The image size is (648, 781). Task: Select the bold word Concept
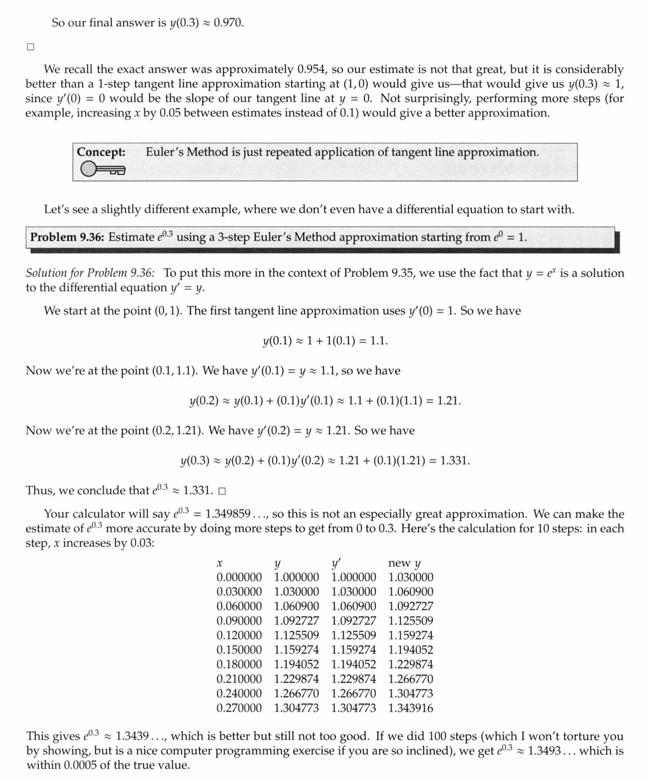(101, 152)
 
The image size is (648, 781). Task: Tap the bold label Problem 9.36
(67, 238)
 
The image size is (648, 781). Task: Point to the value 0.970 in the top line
(227, 23)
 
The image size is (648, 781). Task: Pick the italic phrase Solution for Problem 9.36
(90, 273)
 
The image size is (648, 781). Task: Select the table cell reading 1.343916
(411, 708)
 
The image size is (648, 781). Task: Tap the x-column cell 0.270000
(239, 708)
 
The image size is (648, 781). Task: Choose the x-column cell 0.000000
(239, 577)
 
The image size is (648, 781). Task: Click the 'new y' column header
(405, 563)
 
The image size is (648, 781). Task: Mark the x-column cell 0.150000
(239, 650)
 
